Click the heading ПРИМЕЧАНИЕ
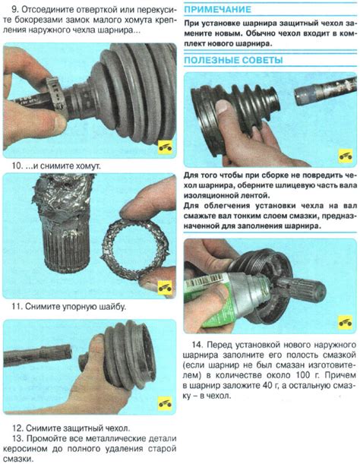click(217, 9)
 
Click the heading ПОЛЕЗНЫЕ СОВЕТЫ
click(233, 60)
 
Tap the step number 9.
click(14, 9)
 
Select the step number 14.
click(197, 345)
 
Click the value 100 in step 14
click(304, 375)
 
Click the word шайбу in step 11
click(113, 307)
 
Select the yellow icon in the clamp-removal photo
click(165, 147)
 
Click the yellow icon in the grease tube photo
click(346, 322)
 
